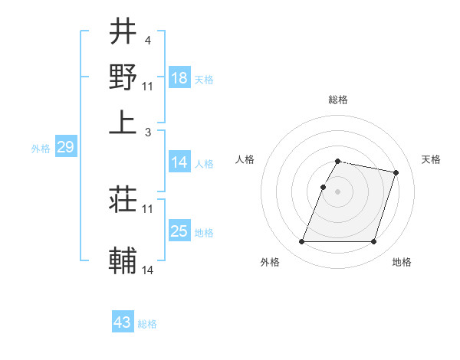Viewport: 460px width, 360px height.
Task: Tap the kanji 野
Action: coord(123,77)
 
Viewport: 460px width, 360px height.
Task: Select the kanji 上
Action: coord(123,123)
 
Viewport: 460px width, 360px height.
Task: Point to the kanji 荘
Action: coord(123,199)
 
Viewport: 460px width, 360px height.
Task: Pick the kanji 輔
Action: coord(123,260)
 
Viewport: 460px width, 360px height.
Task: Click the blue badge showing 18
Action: coord(179,78)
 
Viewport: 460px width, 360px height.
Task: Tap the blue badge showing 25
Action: coord(179,231)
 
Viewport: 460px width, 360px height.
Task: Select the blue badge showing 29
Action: coord(65,147)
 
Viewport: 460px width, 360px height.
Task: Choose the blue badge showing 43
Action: coord(123,322)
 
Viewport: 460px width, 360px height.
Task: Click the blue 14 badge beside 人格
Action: coord(179,162)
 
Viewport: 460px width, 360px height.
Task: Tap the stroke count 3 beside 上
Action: coord(149,133)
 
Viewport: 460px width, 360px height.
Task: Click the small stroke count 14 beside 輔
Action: coord(148,270)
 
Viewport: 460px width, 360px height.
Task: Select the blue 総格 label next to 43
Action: coord(147,324)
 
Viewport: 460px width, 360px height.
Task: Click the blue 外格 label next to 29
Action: coord(41,149)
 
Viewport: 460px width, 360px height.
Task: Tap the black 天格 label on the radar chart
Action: coord(431,159)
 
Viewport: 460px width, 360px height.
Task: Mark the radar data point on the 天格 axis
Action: coord(396,173)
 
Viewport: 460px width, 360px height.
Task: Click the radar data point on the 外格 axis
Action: coord(302,242)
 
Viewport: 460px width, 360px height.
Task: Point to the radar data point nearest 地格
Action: coord(373,242)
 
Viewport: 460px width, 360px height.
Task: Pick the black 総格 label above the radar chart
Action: coord(338,100)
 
